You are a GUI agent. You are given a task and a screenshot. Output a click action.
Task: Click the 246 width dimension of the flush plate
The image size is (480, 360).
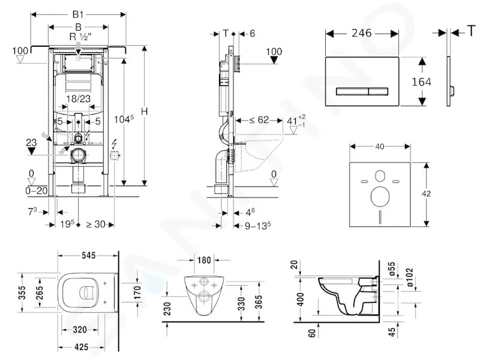pos(362,33)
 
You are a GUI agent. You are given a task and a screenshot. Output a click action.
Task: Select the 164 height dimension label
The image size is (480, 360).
pos(421,82)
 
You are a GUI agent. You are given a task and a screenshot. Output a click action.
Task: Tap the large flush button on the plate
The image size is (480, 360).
pos(352,91)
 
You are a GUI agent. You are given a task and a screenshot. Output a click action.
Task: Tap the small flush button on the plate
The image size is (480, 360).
pos(379,91)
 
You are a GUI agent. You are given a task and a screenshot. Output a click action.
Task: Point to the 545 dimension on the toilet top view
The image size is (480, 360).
pos(88,255)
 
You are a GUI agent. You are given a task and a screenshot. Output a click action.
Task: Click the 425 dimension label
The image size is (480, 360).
pos(81,347)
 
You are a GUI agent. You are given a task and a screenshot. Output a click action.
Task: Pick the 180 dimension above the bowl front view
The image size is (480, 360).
pos(204,260)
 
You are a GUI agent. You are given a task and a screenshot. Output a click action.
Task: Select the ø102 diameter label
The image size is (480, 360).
pos(410,277)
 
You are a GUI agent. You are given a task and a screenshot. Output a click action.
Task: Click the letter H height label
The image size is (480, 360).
pos(145,111)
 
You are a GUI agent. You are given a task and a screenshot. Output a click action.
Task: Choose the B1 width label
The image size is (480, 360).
pos(78,14)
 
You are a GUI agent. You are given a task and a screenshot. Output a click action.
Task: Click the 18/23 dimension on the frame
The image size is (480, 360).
pos(79,98)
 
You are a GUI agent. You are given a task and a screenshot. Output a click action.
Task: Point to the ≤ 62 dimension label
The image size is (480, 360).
pos(259,119)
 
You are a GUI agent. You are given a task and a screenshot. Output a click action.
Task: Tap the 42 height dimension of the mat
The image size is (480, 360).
pos(426,193)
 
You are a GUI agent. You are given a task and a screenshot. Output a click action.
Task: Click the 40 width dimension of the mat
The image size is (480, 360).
pos(380,146)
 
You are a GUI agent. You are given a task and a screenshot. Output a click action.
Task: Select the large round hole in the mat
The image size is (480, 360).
pos(380,197)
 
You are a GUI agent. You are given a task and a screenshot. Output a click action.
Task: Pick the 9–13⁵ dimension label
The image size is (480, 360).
pos(258,226)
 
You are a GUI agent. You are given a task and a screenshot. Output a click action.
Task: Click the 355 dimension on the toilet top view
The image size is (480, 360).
pos(22,293)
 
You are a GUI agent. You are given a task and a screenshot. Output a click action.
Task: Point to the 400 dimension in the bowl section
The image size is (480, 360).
pos(301,299)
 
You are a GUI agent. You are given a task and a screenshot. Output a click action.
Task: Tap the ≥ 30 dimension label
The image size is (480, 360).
pos(95,224)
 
